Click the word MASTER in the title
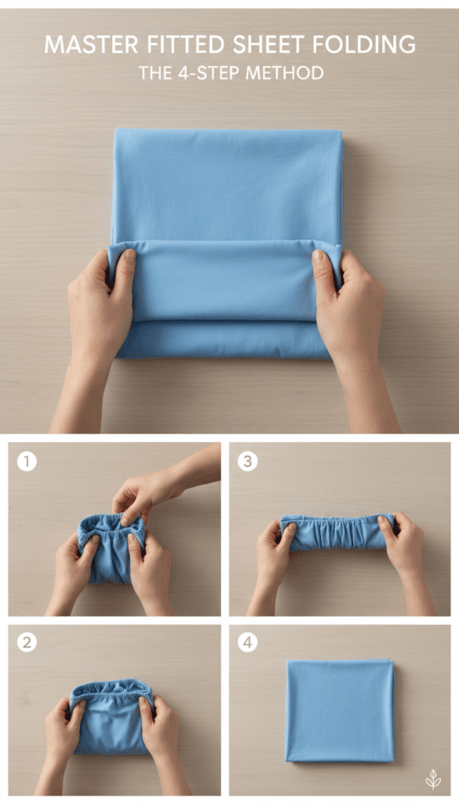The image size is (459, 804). coord(91,44)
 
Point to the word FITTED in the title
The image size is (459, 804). coord(185,44)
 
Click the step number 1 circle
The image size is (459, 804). coord(27,462)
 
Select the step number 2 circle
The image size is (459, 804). coord(27,642)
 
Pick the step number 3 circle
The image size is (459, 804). coord(247,462)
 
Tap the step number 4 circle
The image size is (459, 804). coord(247,642)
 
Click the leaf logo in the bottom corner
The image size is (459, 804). coord(433,780)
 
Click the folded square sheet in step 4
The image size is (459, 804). coord(341,711)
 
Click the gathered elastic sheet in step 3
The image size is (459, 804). coord(338,532)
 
